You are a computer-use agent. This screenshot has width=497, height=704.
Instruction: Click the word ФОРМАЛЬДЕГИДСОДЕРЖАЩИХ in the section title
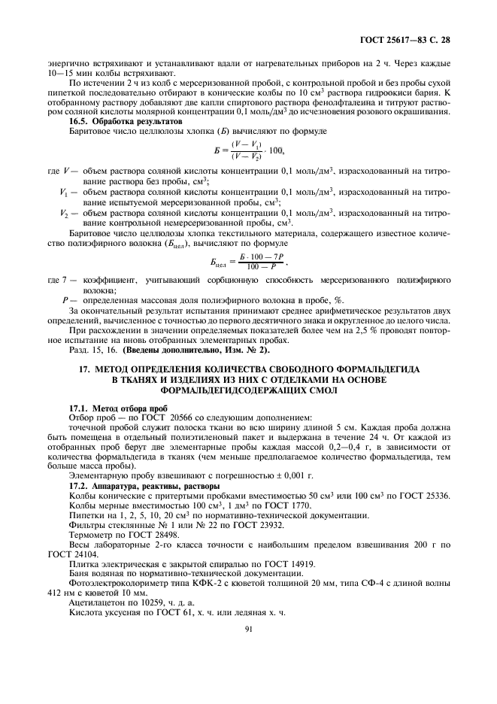pyautogui.click(x=248, y=390)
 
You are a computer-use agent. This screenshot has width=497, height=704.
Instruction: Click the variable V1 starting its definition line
pyautogui.click(x=64, y=193)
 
